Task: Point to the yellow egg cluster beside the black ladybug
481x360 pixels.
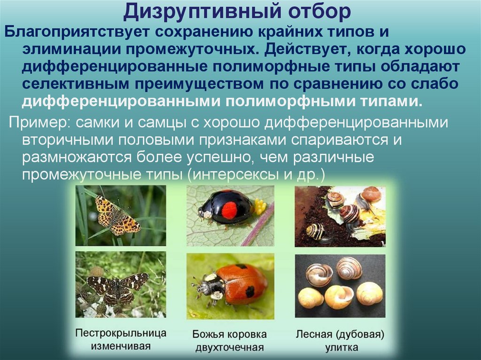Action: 259,207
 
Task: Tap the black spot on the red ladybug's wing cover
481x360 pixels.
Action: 249,291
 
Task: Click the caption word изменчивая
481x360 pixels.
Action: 121,347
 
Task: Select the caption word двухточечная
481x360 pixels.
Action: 229,348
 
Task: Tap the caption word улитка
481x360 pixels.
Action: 341,348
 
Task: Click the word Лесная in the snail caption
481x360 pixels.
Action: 316,335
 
